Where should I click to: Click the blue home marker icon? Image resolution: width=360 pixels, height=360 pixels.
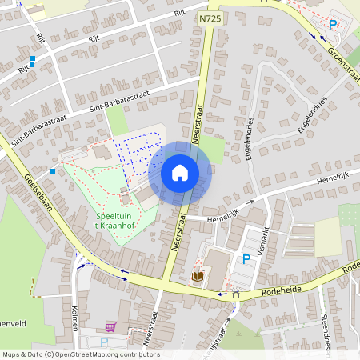point(180,172)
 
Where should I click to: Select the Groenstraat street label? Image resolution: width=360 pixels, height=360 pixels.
point(343,63)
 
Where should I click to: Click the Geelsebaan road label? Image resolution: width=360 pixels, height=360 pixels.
point(38,193)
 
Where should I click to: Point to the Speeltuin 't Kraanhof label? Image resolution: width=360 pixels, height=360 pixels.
point(119,222)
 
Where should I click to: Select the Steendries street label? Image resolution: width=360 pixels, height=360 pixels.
point(326,328)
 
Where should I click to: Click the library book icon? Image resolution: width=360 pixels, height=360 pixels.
point(197,276)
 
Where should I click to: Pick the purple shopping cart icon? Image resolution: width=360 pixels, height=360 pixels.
point(110,326)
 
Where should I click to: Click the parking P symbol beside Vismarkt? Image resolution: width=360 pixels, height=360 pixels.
point(246,259)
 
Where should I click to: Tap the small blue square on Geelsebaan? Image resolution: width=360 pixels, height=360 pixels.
point(53,170)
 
